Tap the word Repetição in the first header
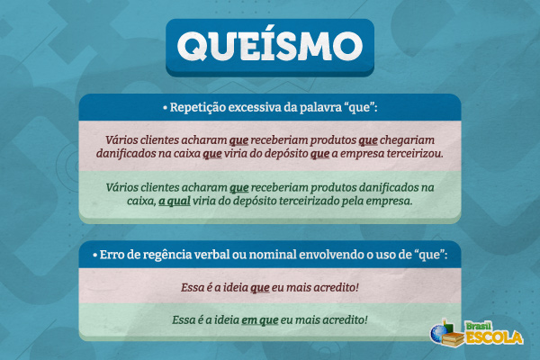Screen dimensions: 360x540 click(x=201, y=107)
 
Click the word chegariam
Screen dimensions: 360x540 click(x=410, y=140)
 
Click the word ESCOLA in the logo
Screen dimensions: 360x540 click(x=492, y=338)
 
